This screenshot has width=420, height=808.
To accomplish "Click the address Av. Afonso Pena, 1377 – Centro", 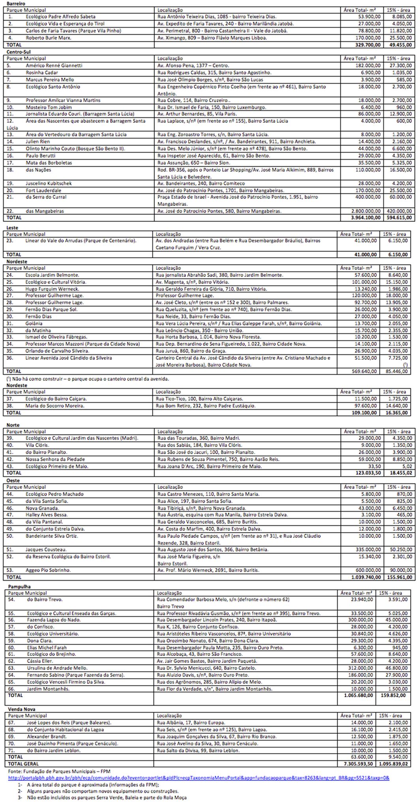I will point(193,65).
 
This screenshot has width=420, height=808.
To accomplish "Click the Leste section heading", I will point(12,228).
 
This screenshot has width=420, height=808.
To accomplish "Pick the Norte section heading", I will point(13,425).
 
